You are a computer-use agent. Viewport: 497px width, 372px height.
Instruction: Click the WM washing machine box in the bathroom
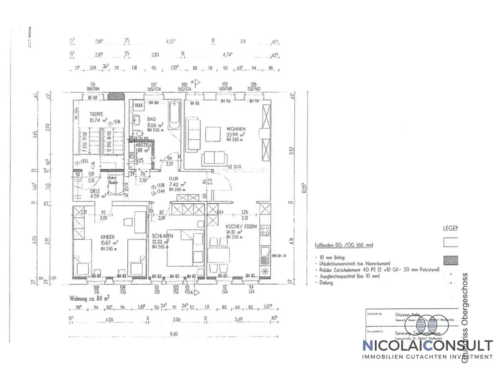click(139, 105)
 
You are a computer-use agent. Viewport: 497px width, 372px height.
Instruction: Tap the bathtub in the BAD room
click(174, 114)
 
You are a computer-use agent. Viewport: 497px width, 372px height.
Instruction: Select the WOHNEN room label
click(235, 128)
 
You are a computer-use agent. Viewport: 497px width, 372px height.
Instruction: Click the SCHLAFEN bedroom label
click(163, 236)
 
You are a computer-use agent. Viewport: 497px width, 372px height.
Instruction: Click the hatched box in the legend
click(450, 260)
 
